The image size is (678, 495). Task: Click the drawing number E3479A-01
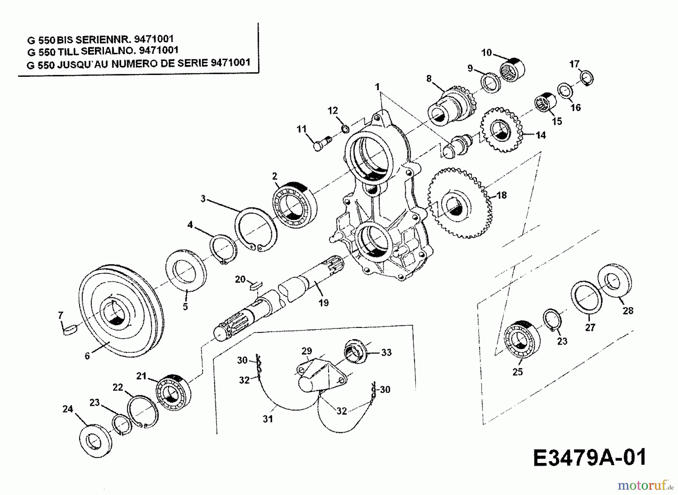(x=590, y=458)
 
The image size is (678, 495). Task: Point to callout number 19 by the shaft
(x=323, y=302)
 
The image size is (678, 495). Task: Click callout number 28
(x=628, y=311)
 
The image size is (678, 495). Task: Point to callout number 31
(x=267, y=419)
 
